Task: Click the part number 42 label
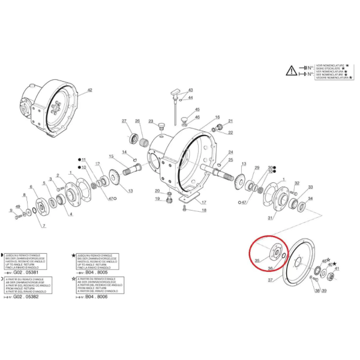point(90,90)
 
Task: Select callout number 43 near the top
point(190,89)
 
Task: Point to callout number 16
point(217,117)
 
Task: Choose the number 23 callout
point(151,121)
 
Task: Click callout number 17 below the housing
point(203,202)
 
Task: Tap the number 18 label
point(203,211)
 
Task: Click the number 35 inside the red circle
point(257,261)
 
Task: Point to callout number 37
point(271,280)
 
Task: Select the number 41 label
point(337,268)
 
